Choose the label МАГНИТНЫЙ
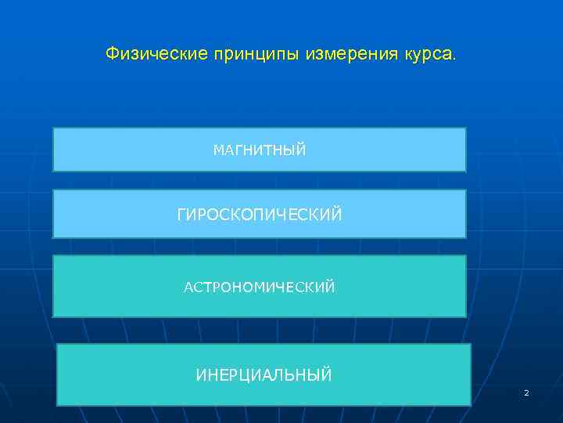(x=260, y=150)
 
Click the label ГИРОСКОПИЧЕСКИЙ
(x=260, y=214)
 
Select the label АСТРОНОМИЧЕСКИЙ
(x=260, y=287)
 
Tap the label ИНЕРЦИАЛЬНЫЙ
(x=264, y=375)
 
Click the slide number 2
(x=526, y=392)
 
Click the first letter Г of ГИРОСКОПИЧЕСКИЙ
(x=181, y=214)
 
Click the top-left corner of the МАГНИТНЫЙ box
(x=53, y=128)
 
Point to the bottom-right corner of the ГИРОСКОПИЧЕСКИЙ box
(x=466, y=237)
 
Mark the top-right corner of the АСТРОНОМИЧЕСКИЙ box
(x=466, y=255)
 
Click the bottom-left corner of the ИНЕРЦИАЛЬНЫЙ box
(x=58, y=406)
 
